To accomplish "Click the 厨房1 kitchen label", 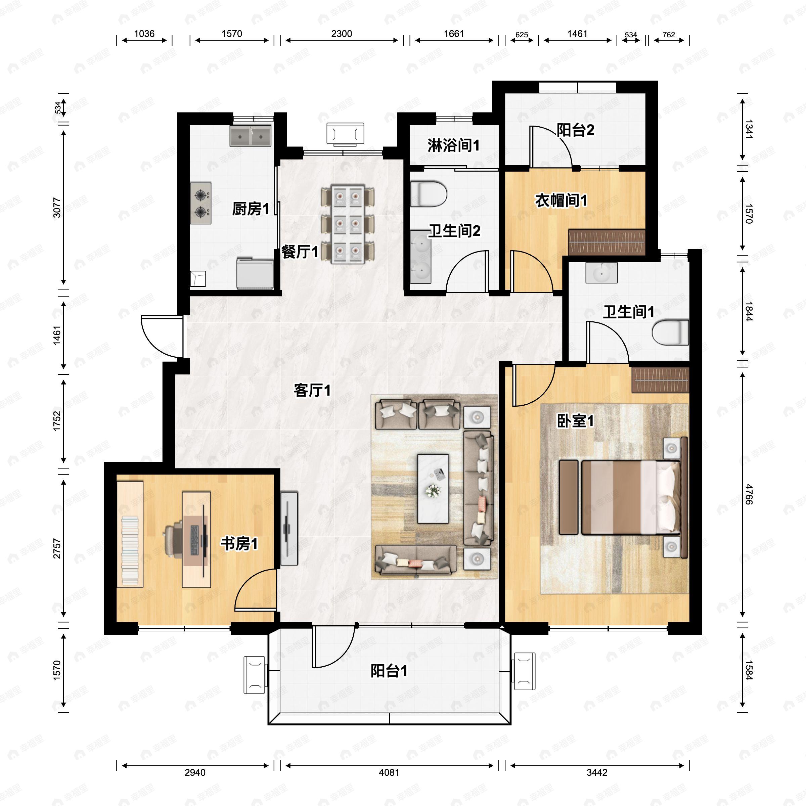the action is (x=250, y=209).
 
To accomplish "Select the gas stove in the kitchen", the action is (x=201, y=203).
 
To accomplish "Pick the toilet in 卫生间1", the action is (x=670, y=332).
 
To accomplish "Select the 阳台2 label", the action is (x=575, y=130).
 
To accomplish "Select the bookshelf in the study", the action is (x=130, y=534).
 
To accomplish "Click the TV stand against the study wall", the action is (x=289, y=529).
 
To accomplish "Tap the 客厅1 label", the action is (x=312, y=391).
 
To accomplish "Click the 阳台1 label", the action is (x=389, y=671).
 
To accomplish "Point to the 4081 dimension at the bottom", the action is (x=389, y=772).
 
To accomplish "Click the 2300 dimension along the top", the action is (x=342, y=34).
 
